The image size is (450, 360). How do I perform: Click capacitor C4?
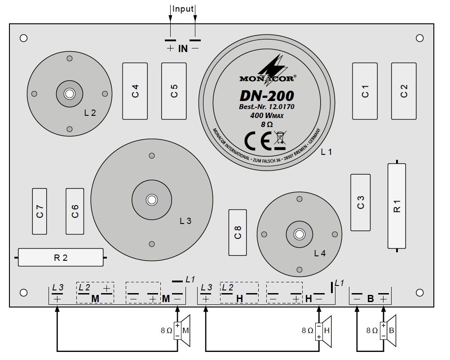[x=135, y=91]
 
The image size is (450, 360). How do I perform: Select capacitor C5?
[x=174, y=91]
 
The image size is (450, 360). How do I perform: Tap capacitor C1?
[x=365, y=91]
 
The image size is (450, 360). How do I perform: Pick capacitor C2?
[x=404, y=91]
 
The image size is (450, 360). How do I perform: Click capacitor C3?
[x=361, y=202]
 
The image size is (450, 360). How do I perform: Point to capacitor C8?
[x=238, y=233]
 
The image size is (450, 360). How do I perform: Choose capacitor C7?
[x=40, y=211]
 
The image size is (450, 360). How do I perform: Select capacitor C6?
[x=75, y=211]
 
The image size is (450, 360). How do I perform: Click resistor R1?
[x=397, y=206]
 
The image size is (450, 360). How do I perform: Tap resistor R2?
[x=61, y=258]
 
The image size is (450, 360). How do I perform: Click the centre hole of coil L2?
[x=69, y=94]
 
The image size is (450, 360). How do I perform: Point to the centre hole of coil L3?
[x=151, y=199]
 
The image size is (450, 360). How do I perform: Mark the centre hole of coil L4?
[x=299, y=234]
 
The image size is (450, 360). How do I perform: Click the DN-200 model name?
[x=267, y=96]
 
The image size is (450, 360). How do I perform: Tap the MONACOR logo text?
[x=267, y=79]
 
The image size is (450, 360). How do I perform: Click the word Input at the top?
[x=183, y=9]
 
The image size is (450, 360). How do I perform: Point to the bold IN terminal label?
[x=183, y=48]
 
